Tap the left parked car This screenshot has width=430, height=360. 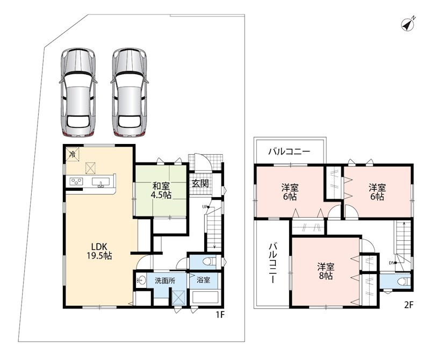(x=78, y=92)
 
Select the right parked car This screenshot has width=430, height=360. (x=130, y=92)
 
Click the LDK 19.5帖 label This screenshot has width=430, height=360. (x=99, y=251)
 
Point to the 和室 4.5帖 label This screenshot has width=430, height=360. (x=161, y=190)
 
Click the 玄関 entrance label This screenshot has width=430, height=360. (x=200, y=183)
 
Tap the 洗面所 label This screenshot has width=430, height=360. (x=165, y=280)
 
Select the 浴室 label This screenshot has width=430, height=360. (x=204, y=280)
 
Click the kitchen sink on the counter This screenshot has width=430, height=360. (x=101, y=182)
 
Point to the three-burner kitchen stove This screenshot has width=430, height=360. (x=76, y=182)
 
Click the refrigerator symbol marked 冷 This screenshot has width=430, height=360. (x=73, y=154)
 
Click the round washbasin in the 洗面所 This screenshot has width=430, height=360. (x=141, y=280)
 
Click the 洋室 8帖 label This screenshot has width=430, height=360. (x=326, y=271)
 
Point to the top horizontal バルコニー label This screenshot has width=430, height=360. (x=289, y=152)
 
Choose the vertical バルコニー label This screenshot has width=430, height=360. (x=273, y=263)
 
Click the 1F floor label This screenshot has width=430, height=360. (x=220, y=315)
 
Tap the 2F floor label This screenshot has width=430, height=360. (x=408, y=305)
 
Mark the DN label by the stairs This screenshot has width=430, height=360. (x=391, y=263)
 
